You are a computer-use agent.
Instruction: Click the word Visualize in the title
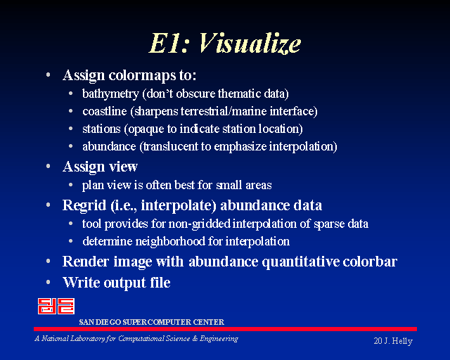tap(250, 43)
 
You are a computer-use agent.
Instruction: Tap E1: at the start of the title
tap(169, 43)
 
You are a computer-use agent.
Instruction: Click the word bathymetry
tap(110, 94)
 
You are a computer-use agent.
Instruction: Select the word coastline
tap(105, 111)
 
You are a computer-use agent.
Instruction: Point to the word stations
tap(101, 129)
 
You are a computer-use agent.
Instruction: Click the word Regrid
tap(84, 205)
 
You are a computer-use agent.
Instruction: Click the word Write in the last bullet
tap(82, 282)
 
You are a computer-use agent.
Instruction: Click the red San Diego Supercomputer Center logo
tap(56, 306)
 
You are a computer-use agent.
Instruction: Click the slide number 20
tap(378, 341)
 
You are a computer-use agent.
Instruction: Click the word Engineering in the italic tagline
tap(219, 339)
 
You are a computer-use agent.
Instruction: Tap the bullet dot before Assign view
tap(49, 166)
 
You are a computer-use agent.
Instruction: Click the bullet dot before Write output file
tap(49, 282)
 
